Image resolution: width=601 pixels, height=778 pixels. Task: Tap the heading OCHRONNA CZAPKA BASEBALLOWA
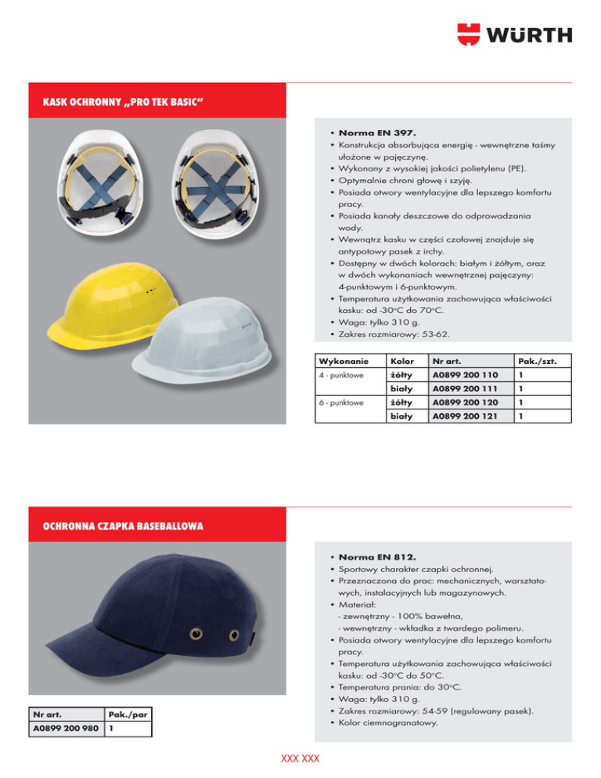(122, 526)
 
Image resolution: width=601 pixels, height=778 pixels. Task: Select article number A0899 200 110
(465, 376)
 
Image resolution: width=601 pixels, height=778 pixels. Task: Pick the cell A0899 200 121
(465, 416)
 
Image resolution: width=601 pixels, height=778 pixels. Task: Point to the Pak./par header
(128, 714)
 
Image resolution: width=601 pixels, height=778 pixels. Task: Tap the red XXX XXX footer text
(300, 758)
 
